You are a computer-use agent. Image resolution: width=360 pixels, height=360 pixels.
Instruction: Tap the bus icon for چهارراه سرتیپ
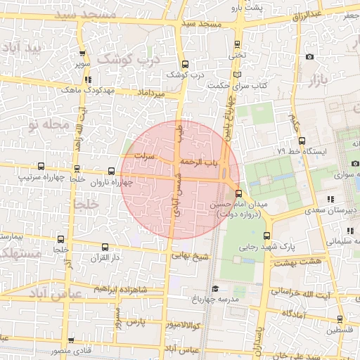[x=41, y=167]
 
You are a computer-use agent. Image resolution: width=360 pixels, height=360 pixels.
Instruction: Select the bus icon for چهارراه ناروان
[x=112, y=171]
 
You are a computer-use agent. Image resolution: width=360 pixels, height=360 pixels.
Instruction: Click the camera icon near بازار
[x=310, y=57]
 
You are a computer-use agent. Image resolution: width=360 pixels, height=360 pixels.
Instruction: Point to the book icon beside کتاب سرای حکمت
[x=236, y=75]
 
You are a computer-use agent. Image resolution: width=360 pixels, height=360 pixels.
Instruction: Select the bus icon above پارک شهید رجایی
[x=266, y=236]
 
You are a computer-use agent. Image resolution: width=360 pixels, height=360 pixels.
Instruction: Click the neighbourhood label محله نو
[x=49, y=124]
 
